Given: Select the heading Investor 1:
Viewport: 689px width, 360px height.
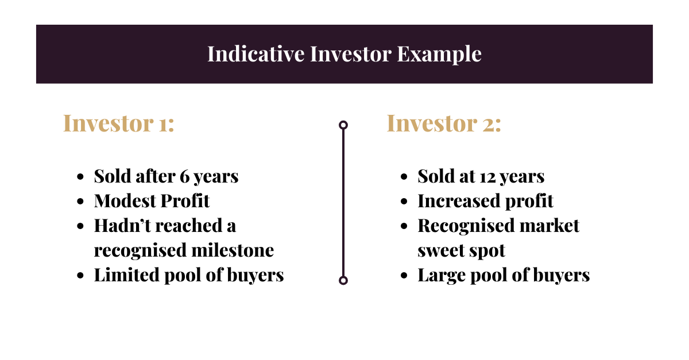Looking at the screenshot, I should pyautogui.click(x=118, y=123).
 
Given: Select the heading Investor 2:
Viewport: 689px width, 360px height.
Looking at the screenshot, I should pyautogui.click(x=443, y=123).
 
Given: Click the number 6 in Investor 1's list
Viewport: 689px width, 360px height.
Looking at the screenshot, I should pyautogui.click(x=185, y=176).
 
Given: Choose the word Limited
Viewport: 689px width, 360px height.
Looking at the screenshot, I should pyautogui.click(x=127, y=275).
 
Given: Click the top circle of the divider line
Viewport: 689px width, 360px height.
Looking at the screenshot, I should pyautogui.click(x=343, y=125).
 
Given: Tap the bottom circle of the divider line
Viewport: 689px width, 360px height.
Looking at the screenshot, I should pyautogui.click(x=343, y=280).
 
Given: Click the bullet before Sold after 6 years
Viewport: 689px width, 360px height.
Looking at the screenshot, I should pyautogui.click(x=80, y=177).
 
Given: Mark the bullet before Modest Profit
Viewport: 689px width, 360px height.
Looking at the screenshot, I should pyautogui.click(x=80, y=202).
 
